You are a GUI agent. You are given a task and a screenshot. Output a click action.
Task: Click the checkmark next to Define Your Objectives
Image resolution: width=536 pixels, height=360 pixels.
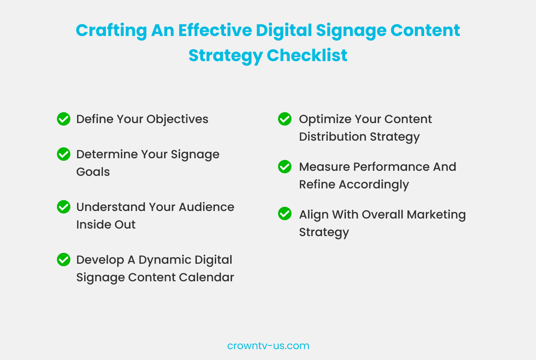click(x=64, y=119)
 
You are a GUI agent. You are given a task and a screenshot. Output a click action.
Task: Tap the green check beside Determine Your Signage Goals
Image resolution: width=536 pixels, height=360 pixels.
click(x=64, y=154)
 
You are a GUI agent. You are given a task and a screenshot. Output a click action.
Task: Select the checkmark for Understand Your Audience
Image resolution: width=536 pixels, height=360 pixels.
click(x=64, y=207)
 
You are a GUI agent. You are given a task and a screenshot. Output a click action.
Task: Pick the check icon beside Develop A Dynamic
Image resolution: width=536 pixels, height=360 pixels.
click(x=64, y=260)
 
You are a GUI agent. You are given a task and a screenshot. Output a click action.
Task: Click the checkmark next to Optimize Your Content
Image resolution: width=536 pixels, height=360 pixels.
click(x=285, y=119)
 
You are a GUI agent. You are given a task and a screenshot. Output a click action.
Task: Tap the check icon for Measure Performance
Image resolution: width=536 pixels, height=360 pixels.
click(x=285, y=167)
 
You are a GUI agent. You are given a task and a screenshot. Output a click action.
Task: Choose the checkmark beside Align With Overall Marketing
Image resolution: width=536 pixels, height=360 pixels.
click(x=285, y=213)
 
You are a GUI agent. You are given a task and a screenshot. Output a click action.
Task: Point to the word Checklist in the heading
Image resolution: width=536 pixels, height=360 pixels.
click(x=307, y=56)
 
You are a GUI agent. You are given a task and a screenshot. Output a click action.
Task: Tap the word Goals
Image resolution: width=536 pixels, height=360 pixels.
click(x=93, y=172)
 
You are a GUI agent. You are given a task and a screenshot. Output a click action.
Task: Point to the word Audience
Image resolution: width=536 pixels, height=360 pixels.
click(x=206, y=207)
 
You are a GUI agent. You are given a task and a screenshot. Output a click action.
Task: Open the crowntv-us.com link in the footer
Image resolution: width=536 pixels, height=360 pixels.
click(x=268, y=346)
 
